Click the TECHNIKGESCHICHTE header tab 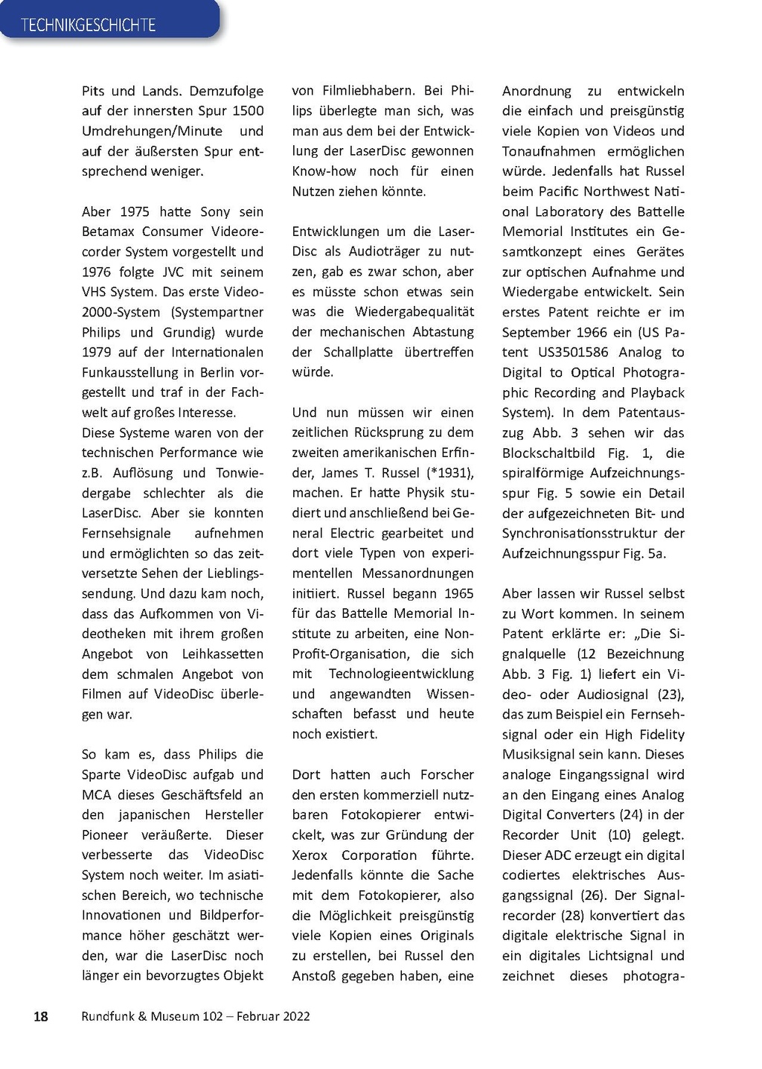pyautogui.click(x=89, y=25)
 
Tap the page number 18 pyautogui.click(x=41, y=1016)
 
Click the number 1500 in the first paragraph pyautogui.click(x=248, y=111)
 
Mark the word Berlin pyautogui.click(x=217, y=372)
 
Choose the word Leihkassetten pyautogui.click(x=222, y=654)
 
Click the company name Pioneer pyautogui.click(x=105, y=835)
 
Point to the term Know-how pyautogui.click(x=324, y=171)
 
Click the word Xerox pyautogui.click(x=310, y=855)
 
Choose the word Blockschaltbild pyautogui.click(x=548, y=453)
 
